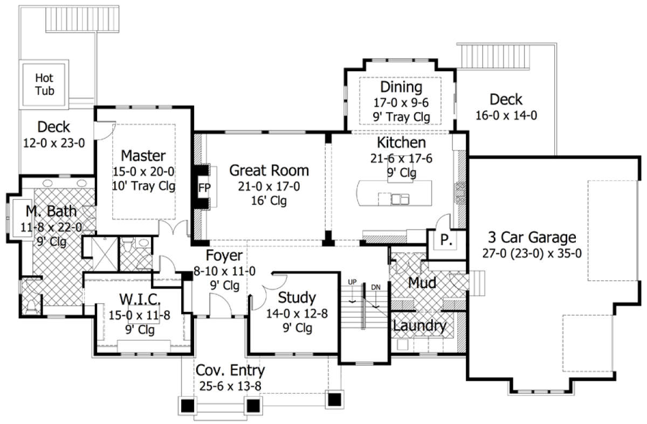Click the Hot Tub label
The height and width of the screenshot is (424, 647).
[x=44, y=84]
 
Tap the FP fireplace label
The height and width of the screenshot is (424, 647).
[x=204, y=188]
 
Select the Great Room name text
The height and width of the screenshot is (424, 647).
[x=269, y=170]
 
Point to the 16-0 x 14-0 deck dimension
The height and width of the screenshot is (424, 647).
[x=506, y=115]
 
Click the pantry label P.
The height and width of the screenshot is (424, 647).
[x=446, y=240]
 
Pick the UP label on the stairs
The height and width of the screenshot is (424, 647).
[x=352, y=282]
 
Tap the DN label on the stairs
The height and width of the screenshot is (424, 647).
[x=375, y=287]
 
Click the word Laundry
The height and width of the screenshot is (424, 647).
[x=419, y=326]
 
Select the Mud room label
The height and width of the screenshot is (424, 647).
[x=422, y=283]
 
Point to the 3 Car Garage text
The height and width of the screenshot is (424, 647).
[x=532, y=238]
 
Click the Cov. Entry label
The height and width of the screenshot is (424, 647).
[x=230, y=371]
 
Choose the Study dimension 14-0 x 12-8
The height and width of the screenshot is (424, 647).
[x=297, y=314]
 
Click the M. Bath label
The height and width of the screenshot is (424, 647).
[x=51, y=211]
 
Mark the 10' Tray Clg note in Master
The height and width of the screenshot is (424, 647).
[x=143, y=186]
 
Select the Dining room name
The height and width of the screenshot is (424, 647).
[x=401, y=87]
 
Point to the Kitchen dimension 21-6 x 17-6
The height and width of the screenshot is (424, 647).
[x=401, y=158]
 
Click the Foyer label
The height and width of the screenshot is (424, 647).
[x=224, y=255]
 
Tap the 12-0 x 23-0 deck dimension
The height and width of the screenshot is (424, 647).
[x=54, y=143]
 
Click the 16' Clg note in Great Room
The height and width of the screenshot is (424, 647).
[x=269, y=200]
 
